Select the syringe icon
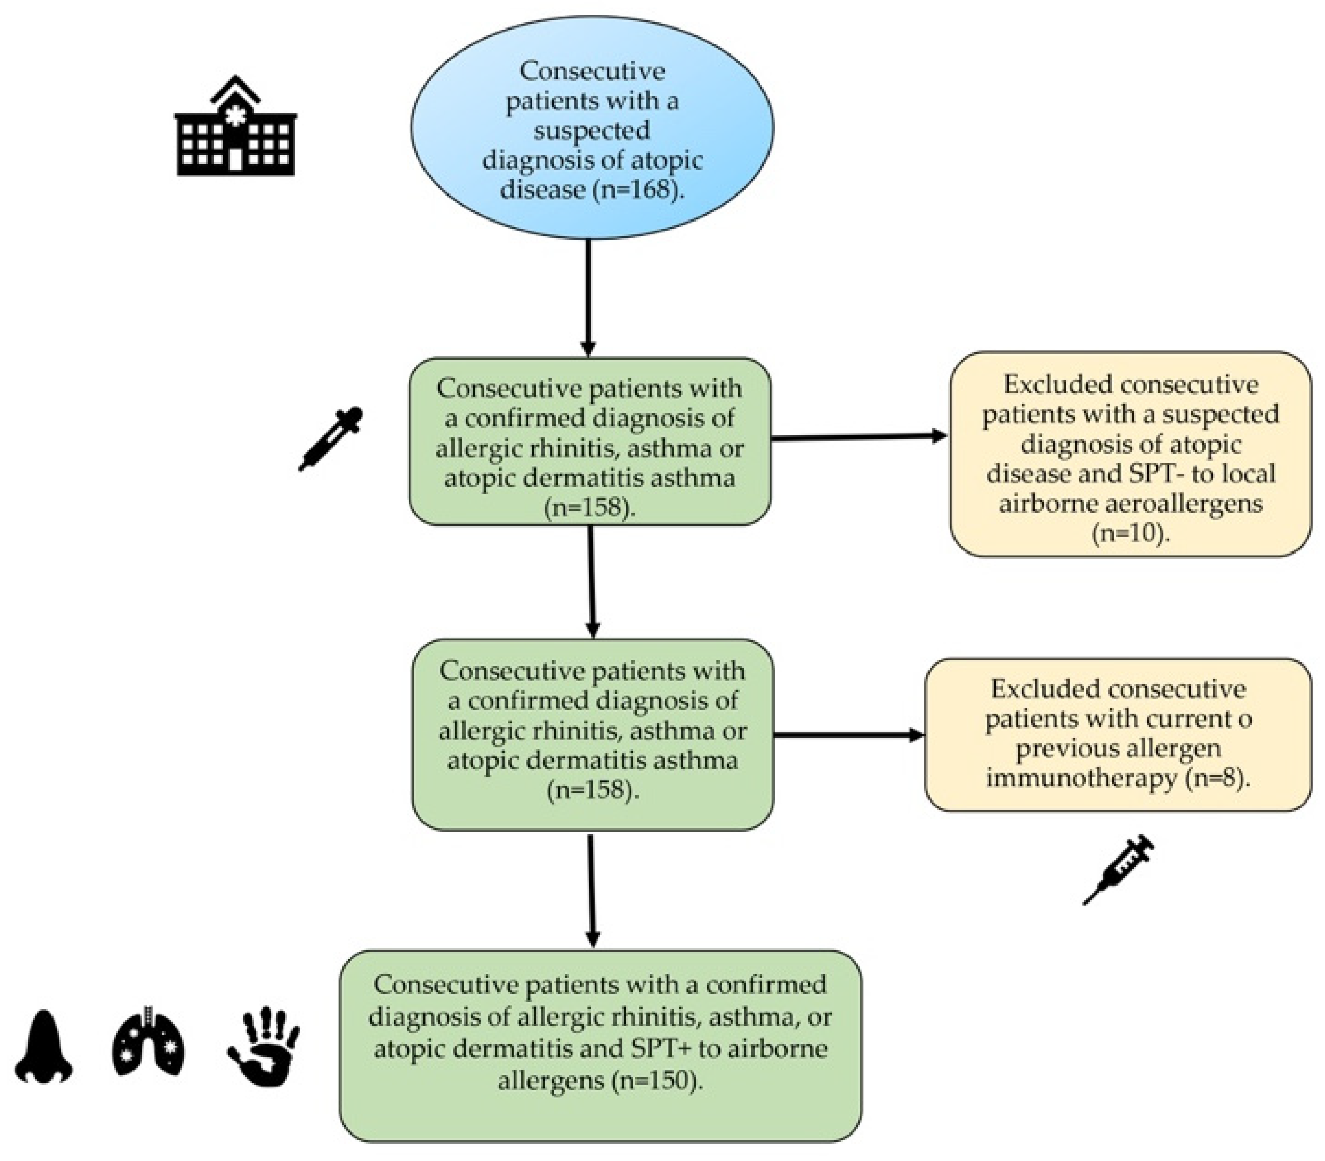pos(1118,869)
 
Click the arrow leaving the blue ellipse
pos(588,298)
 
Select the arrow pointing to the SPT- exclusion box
pos(859,437)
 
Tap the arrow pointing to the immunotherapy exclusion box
pos(849,735)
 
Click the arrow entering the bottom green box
pos(591,891)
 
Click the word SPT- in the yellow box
pos(1151,474)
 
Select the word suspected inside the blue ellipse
pos(591,130)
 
